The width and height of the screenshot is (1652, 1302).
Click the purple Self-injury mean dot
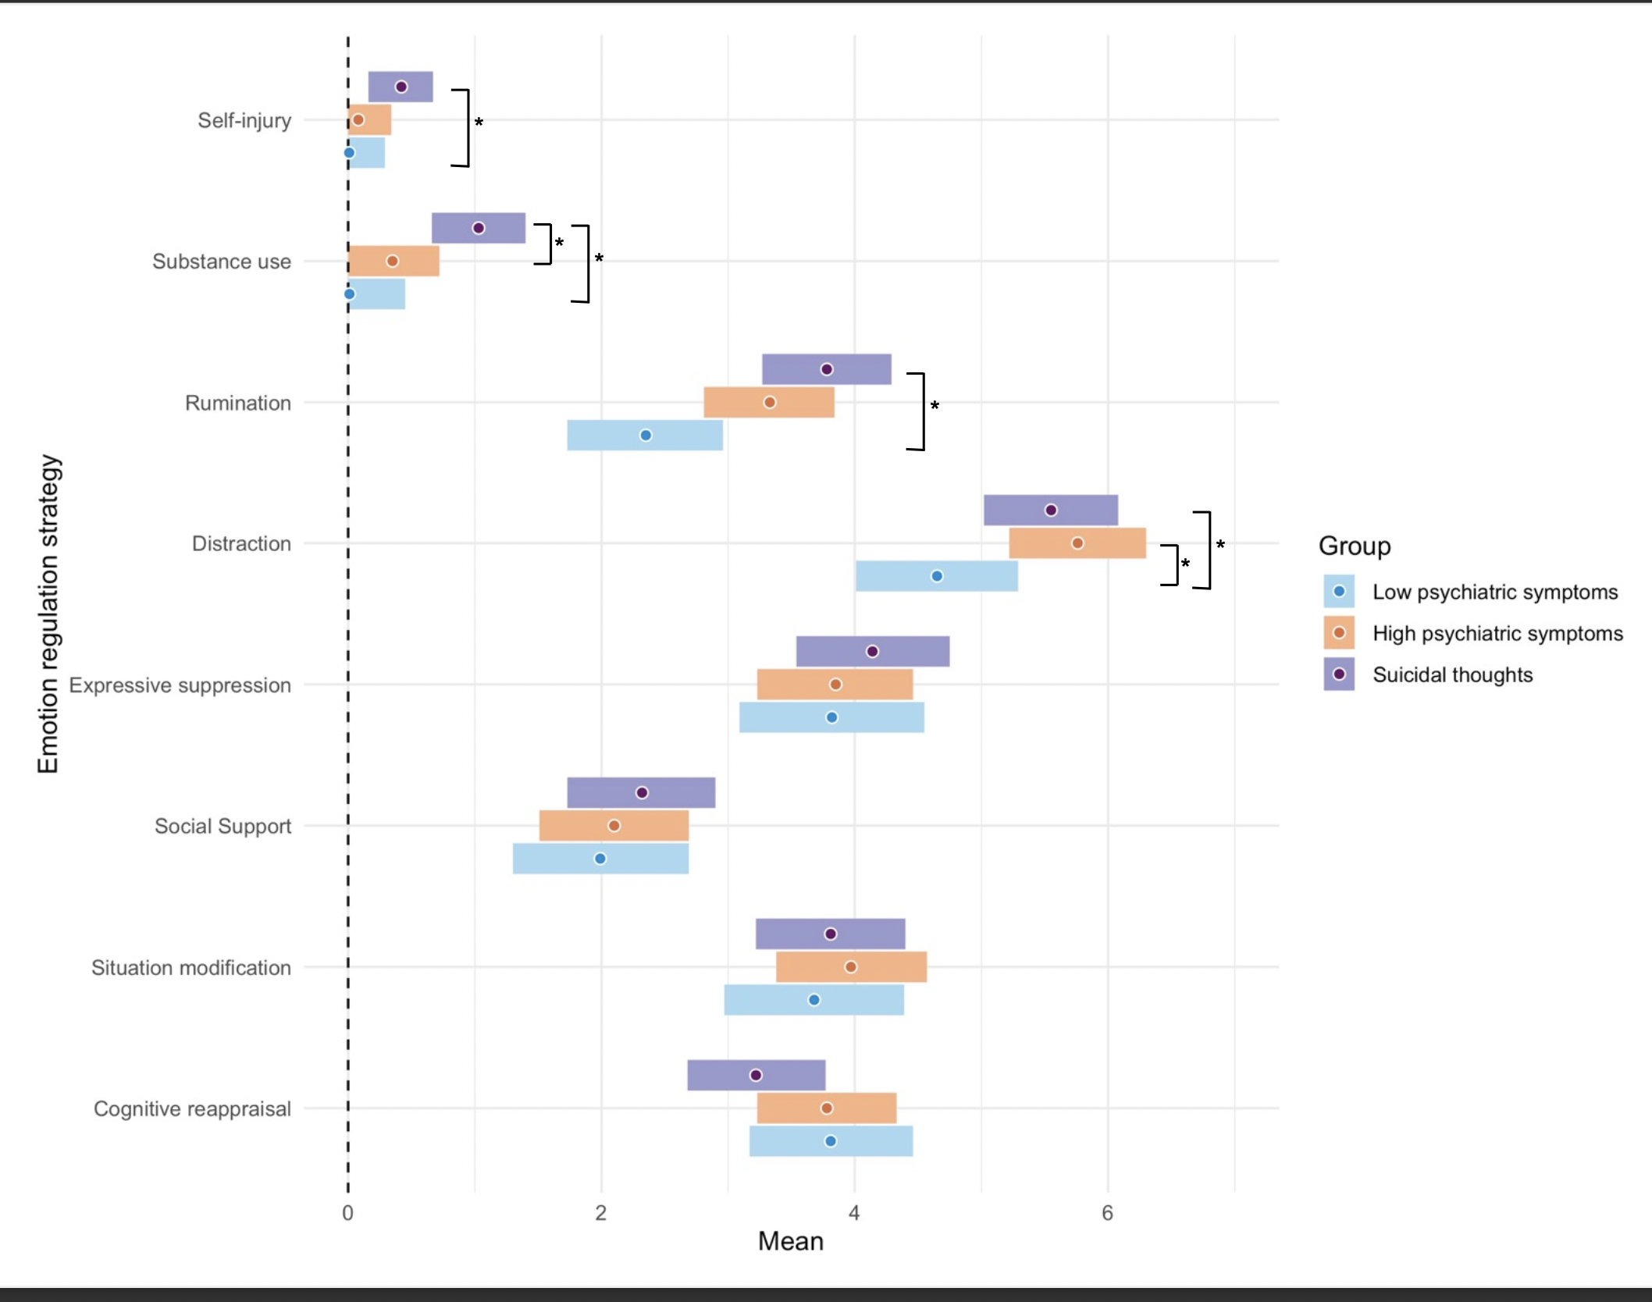401,87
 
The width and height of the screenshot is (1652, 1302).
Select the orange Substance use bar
393,261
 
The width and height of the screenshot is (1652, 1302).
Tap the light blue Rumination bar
645,435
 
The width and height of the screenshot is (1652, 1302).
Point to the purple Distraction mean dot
1051,510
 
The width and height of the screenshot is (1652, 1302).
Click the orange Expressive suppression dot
835,684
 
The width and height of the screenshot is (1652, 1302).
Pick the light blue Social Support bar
600,859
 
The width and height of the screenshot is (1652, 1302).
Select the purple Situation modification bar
830,934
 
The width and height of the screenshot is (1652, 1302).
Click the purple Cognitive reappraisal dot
756,1075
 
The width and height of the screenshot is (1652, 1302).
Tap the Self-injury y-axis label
244,120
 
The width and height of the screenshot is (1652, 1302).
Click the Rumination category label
238,403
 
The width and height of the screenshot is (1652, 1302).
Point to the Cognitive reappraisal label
192,1108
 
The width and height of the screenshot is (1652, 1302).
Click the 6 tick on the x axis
1107,1212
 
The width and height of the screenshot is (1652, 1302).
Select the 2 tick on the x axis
600,1212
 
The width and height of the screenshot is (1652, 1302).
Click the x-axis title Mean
790,1241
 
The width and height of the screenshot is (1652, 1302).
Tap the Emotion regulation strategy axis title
48,614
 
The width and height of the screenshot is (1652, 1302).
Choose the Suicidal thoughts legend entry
1452,674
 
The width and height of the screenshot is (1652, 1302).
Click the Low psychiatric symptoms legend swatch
1339,592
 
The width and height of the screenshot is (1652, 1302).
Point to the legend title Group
1355,546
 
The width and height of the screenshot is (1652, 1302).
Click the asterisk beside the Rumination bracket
935,406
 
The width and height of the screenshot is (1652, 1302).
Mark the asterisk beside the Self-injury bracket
479,123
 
